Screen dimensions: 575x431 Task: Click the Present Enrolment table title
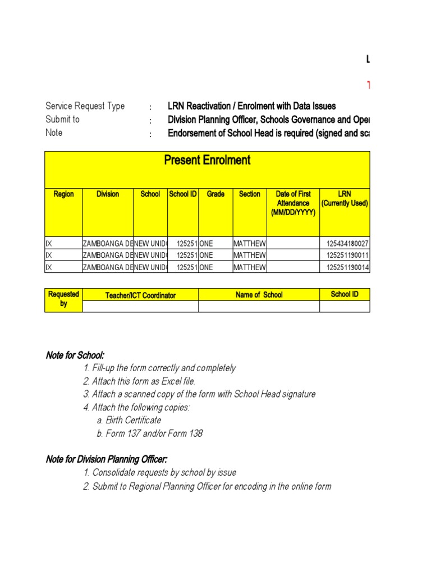207,161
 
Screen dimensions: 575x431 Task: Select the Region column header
63,194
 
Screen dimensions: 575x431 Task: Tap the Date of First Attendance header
293,203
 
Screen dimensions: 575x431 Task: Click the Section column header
249,194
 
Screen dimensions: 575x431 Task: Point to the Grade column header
215,194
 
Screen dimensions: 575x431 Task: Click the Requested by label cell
63,299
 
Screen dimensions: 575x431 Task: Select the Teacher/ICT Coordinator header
140,295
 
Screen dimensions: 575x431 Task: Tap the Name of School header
259,295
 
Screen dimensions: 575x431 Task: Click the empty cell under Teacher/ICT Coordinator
140,306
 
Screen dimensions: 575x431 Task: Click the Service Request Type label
85,106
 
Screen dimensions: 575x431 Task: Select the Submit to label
62,120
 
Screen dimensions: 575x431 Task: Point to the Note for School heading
75,355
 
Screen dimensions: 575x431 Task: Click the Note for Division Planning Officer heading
106,460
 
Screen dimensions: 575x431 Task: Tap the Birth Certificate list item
129,421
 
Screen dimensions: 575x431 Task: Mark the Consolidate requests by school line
159,473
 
